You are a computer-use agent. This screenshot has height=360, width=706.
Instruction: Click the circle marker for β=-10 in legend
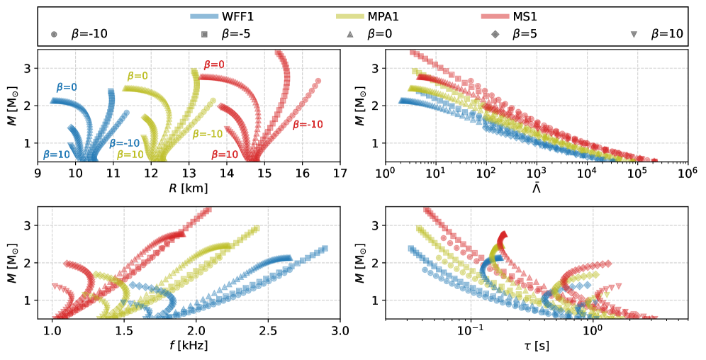(x=55, y=35)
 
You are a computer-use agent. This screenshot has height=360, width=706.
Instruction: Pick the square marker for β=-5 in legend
(x=204, y=35)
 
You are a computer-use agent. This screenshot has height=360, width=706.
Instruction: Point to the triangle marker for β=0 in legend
(x=351, y=35)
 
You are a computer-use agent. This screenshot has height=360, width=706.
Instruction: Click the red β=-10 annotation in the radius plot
(x=308, y=124)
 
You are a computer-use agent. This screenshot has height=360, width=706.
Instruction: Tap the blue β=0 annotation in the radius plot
(x=67, y=87)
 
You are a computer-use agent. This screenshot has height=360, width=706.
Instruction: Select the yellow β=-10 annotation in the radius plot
(x=207, y=134)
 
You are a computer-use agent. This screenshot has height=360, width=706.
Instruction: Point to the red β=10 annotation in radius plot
(x=223, y=154)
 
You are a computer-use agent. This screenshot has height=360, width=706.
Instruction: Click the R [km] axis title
(x=189, y=190)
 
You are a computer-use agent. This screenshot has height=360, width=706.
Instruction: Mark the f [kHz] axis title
(x=189, y=347)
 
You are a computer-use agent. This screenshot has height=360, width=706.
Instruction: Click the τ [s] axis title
(x=536, y=347)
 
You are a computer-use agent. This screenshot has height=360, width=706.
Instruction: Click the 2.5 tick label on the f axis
(x=268, y=331)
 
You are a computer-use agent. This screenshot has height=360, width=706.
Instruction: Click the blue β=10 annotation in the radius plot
(x=56, y=154)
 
